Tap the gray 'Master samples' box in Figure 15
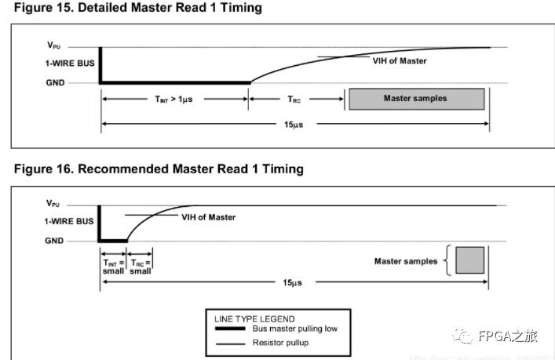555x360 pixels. tap(415, 98)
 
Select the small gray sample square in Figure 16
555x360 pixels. tap(469, 260)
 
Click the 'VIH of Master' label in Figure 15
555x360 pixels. tap(400, 61)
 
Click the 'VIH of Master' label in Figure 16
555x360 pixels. tap(208, 217)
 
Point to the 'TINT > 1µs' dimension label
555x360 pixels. tap(174, 99)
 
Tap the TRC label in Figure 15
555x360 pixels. tap(295, 99)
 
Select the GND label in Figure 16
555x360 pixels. tap(54, 241)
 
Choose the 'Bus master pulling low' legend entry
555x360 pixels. tap(294, 329)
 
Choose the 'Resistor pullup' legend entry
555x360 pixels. tap(280, 344)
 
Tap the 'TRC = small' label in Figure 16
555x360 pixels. tap(141, 267)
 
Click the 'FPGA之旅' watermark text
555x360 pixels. tap(508, 336)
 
